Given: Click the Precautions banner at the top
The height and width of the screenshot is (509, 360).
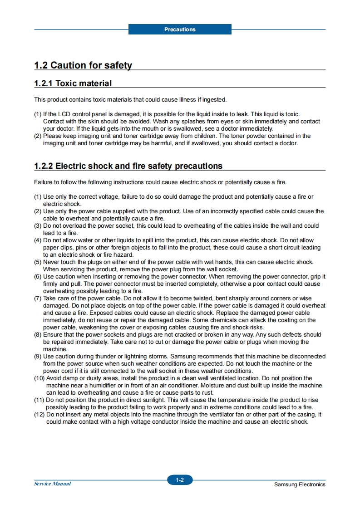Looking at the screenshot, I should point(180,29).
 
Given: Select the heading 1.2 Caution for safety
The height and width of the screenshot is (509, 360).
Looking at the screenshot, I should point(83,65).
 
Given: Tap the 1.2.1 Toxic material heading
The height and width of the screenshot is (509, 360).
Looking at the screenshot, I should point(73,83).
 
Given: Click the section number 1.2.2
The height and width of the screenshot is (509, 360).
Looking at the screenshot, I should point(44,166).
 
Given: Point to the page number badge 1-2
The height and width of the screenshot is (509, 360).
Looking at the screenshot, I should point(180,480).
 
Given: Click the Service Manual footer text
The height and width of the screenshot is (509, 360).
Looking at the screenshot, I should point(52,484).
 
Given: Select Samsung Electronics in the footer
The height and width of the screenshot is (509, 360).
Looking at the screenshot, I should point(300,485).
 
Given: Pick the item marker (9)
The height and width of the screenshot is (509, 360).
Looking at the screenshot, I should point(38,357).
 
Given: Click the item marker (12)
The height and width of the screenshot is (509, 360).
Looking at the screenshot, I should point(39,415).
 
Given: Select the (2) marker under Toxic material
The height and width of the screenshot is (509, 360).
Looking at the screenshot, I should point(38,136).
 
